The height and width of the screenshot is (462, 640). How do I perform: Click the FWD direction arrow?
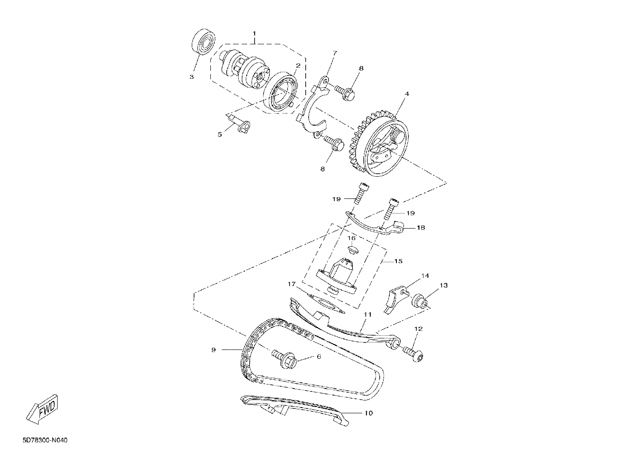click(42, 409)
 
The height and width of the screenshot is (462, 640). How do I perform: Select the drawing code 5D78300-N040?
click(45, 440)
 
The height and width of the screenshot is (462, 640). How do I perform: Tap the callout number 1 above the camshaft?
click(254, 33)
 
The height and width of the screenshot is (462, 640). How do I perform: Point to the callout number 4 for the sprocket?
click(407, 94)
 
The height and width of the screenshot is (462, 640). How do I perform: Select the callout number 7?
click(335, 53)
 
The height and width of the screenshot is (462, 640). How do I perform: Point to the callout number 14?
click(425, 276)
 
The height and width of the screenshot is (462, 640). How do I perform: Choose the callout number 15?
click(398, 261)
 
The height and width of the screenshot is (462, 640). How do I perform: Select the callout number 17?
click(291, 284)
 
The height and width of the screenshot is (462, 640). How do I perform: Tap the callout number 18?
click(421, 228)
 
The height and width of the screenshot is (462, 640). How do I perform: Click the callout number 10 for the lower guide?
click(369, 413)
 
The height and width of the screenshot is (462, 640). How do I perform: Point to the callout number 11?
click(368, 314)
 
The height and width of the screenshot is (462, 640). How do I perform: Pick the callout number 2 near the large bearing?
click(298, 66)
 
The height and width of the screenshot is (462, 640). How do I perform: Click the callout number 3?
click(192, 77)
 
